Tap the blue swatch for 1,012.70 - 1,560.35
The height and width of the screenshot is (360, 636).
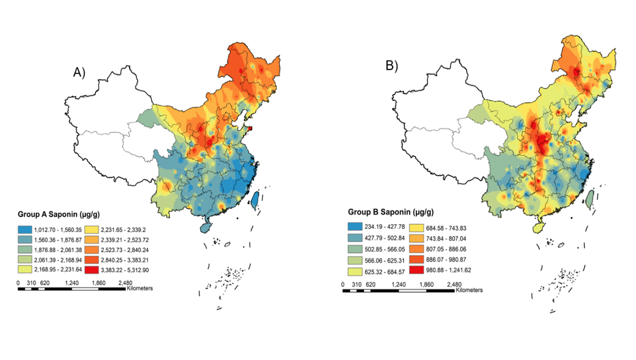[x=26, y=230]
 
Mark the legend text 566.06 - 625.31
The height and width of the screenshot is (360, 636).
[x=384, y=260]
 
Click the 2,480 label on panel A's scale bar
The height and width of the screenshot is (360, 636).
[x=125, y=283]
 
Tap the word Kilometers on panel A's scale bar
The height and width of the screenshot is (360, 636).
[x=139, y=289]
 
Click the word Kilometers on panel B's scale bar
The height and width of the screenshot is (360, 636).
[x=469, y=290]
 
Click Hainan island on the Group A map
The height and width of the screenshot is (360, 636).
[x=205, y=227]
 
